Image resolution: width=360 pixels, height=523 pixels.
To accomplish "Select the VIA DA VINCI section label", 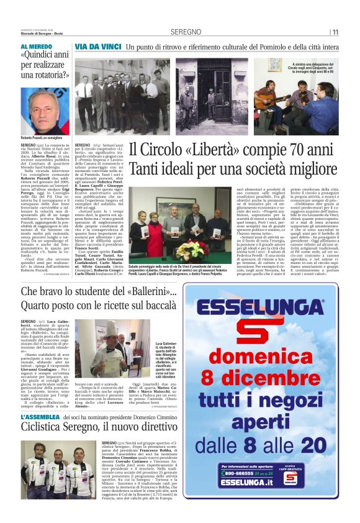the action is click(x=97, y=47).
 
